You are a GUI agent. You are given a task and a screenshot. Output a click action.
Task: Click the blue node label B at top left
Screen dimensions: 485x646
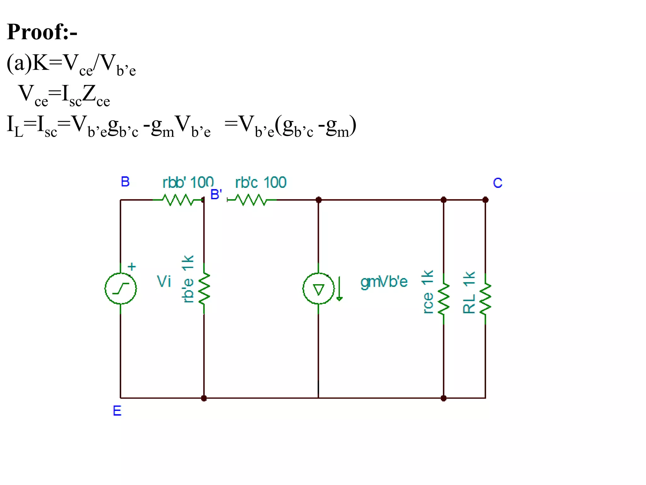(x=125, y=182)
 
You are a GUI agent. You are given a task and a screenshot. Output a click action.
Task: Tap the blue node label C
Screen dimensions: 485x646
(x=497, y=183)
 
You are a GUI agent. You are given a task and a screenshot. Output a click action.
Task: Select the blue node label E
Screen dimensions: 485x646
(x=117, y=411)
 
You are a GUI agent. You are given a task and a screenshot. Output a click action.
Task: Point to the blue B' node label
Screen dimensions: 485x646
(x=216, y=195)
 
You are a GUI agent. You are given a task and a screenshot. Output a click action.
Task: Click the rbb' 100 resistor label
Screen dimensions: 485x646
(x=188, y=183)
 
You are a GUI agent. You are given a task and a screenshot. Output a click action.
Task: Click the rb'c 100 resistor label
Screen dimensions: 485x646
(x=261, y=183)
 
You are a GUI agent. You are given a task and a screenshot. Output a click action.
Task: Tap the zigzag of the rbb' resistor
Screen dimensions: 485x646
(x=178, y=200)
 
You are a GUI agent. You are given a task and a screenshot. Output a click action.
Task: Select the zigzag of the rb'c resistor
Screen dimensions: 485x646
(x=251, y=200)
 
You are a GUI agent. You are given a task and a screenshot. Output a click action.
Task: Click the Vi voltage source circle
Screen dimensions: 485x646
(x=120, y=288)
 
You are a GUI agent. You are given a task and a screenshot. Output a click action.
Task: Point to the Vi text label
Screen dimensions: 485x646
(x=164, y=281)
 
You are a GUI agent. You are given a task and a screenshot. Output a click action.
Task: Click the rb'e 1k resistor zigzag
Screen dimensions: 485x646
(x=204, y=288)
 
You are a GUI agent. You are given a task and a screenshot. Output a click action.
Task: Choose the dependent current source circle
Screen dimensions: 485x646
(x=318, y=289)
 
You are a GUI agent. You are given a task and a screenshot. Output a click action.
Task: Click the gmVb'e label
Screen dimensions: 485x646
(x=384, y=282)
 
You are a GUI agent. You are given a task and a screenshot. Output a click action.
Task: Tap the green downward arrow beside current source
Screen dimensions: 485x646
(x=339, y=289)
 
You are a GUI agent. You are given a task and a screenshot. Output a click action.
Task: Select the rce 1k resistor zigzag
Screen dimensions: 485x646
(x=443, y=298)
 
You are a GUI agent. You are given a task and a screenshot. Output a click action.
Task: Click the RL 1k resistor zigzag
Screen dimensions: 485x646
(x=485, y=298)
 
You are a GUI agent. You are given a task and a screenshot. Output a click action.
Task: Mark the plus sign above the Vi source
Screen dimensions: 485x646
(x=132, y=267)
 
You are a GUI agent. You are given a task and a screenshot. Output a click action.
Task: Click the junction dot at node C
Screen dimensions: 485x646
(x=485, y=200)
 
